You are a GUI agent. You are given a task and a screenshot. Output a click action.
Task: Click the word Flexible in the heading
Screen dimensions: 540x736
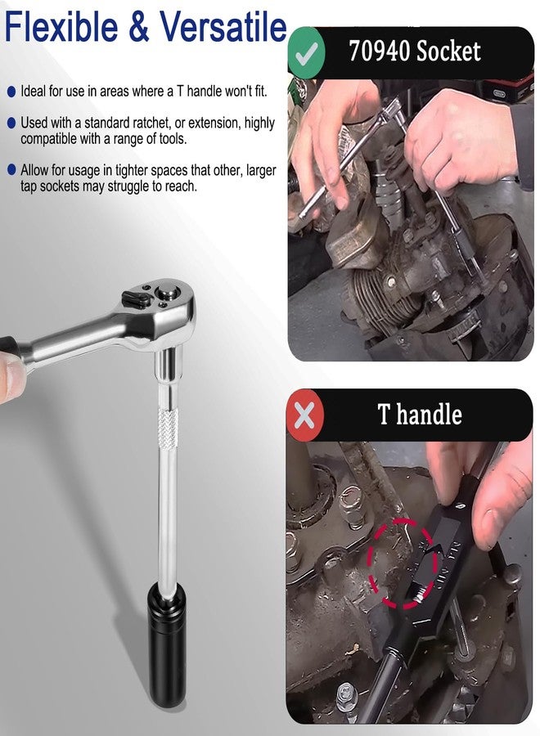(x=61, y=27)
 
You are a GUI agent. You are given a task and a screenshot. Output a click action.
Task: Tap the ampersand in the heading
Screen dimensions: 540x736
(x=138, y=27)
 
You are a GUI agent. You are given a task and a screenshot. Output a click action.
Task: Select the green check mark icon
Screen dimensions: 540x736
(x=306, y=52)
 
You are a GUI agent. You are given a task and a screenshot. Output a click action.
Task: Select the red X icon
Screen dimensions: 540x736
(x=305, y=415)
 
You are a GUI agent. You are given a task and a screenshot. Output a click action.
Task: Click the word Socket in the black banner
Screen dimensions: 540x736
(x=448, y=51)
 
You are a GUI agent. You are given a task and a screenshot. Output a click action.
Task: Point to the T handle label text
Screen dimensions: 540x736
(x=420, y=415)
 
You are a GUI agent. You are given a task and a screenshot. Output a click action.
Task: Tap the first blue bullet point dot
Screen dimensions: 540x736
(x=11, y=92)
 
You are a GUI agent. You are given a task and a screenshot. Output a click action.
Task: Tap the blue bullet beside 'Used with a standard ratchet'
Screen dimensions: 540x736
(x=11, y=123)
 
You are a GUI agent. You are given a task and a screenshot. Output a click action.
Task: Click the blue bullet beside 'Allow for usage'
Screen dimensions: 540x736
(x=11, y=170)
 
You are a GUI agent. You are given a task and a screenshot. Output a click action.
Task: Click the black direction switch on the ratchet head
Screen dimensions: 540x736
(x=136, y=299)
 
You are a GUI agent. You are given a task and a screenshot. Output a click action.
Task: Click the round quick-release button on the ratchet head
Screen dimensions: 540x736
(x=168, y=293)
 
